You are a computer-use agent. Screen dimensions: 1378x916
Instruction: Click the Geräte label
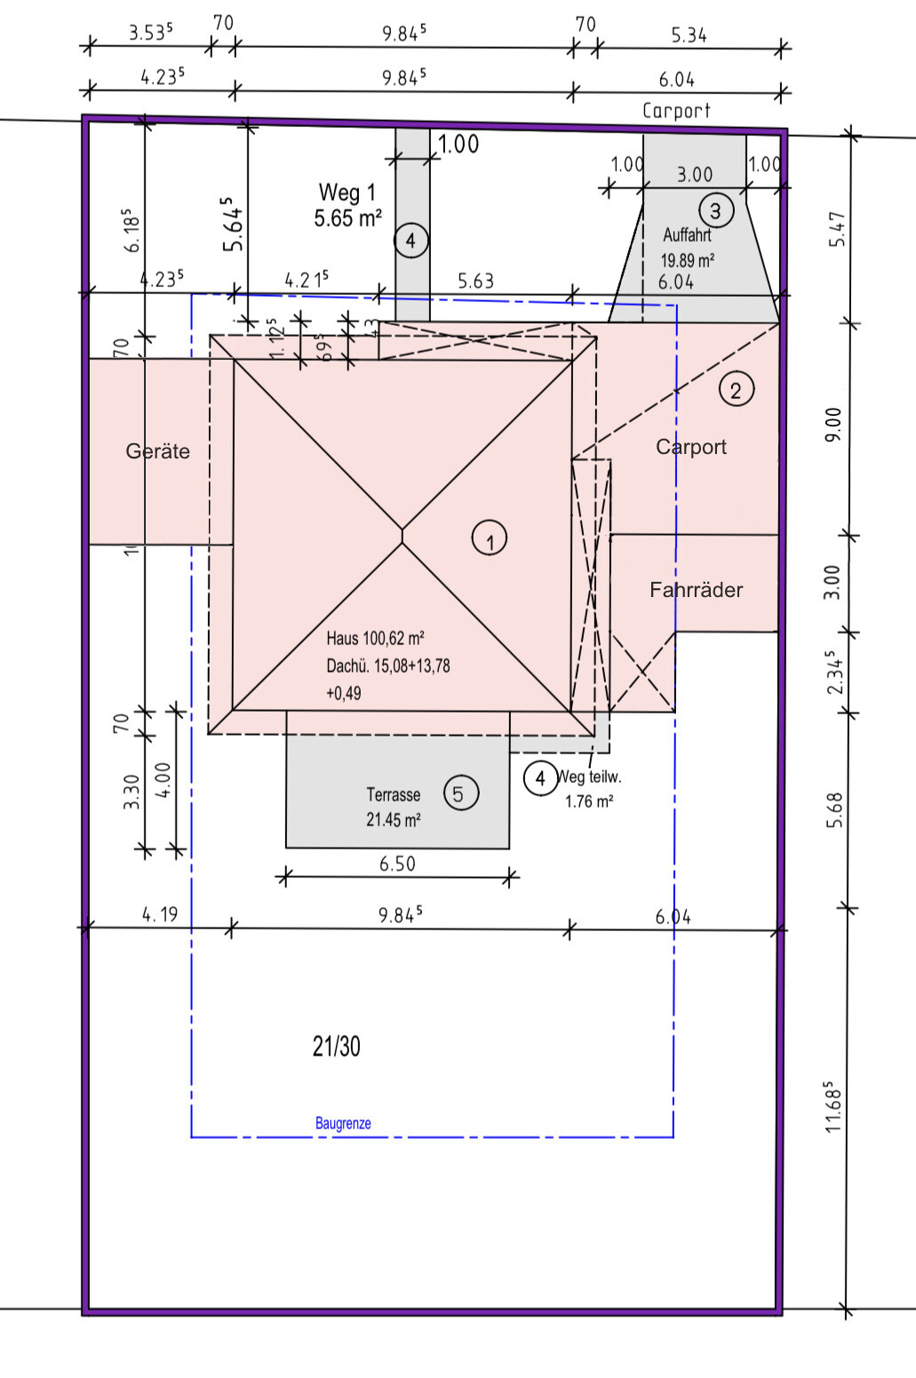pyautogui.click(x=157, y=451)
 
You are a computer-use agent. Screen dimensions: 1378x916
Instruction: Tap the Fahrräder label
pyautogui.click(x=696, y=590)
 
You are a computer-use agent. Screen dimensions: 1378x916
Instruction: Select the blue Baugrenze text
pyautogui.click(x=343, y=1124)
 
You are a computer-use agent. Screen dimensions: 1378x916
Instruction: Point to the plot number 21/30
pyautogui.click(x=337, y=1047)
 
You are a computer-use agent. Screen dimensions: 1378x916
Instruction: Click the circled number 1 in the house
pyautogui.click(x=490, y=538)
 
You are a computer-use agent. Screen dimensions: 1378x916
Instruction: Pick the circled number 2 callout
pyautogui.click(x=736, y=389)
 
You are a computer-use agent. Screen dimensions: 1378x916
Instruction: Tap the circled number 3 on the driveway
pyautogui.click(x=715, y=211)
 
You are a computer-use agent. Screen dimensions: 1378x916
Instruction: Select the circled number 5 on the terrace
pyautogui.click(x=458, y=793)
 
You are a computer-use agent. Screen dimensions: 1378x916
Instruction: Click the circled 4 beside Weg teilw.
pyautogui.click(x=540, y=778)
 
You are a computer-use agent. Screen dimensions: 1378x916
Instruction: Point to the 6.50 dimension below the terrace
pyautogui.click(x=397, y=864)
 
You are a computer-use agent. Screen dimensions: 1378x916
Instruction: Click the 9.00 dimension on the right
pyautogui.click(x=832, y=425)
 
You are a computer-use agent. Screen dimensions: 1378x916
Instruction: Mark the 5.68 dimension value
pyautogui.click(x=833, y=809)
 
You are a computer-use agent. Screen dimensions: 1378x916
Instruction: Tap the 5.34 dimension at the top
pyautogui.click(x=689, y=36)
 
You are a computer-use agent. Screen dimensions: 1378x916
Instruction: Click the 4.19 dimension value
pyautogui.click(x=160, y=914)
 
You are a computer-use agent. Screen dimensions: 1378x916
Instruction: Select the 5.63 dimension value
pyautogui.click(x=475, y=282)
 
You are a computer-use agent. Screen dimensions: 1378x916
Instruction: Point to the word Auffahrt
pyautogui.click(x=687, y=235)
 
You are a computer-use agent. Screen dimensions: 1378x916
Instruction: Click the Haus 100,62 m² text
pyautogui.click(x=375, y=638)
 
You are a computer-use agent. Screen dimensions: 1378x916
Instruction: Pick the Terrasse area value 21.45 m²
pyautogui.click(x=393, y=819)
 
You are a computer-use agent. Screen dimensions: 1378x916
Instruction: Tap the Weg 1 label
pyautogui.click(x=346, y=192)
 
